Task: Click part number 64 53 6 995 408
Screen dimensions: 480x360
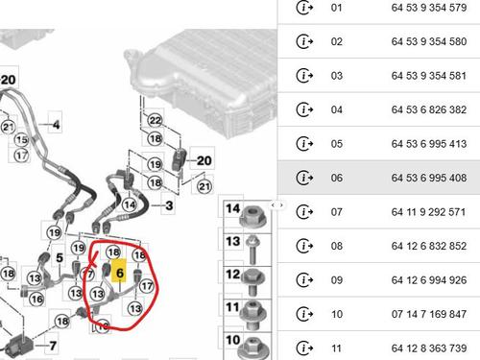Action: [x=429, y=178]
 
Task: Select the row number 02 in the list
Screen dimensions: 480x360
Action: [x=337, y=41]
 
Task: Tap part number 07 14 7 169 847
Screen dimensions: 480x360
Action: [x=429, y=314]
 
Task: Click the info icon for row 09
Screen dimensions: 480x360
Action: [x=304, y=279]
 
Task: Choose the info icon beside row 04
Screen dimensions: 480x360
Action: [x=304, y=109]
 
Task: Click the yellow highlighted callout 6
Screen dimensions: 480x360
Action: [x=119, y=273]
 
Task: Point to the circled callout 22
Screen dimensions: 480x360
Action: [x=156, y=120]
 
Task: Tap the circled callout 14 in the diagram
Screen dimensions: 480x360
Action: [x=130, y=204]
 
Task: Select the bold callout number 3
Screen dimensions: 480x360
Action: [x=169, y=205]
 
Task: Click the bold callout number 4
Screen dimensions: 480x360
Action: [x=56, y=125]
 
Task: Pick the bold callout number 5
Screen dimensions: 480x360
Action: [x=60, y=257]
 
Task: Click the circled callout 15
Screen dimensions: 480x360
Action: [x=22, y=139]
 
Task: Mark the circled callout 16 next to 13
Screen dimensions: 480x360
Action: [x=36, y=300]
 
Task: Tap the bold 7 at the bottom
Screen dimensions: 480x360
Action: [x=53, y=346]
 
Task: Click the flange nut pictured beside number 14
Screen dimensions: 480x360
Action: [x=253, y=216]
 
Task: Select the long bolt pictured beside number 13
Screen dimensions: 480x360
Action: [x=252, y=250]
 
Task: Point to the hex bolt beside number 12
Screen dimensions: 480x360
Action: [x=253, y=282]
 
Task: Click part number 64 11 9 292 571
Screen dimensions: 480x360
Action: [x=429, y=212]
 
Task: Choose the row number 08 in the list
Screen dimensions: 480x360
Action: [x=337, y=246]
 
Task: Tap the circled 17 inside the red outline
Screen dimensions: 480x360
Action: [x=147, y=286]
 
